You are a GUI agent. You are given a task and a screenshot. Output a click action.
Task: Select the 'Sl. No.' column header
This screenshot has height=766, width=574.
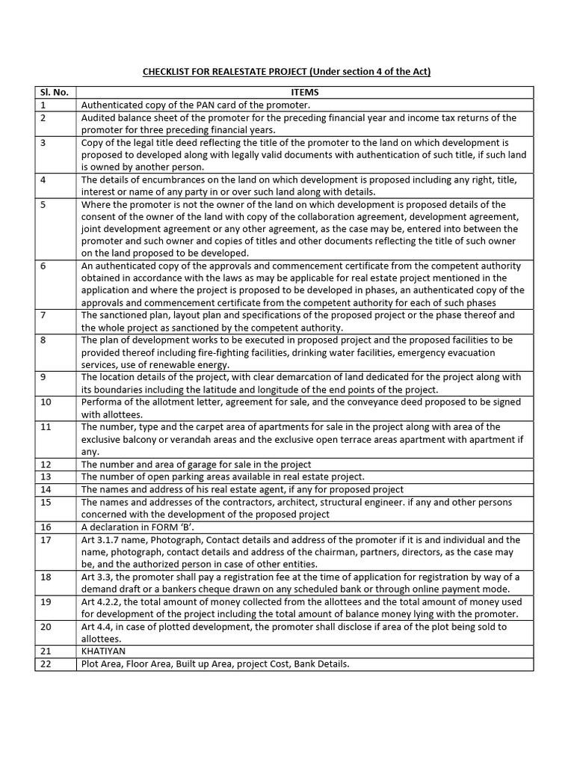[x=54, y=93]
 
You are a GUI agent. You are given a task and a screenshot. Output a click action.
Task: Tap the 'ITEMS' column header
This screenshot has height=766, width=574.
[x=304, y=93]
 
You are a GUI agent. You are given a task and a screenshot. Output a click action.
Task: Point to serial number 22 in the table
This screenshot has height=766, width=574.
[x=45, y=664]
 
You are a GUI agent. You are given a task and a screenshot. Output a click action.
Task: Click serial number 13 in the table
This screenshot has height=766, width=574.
[x=45, y=477]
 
